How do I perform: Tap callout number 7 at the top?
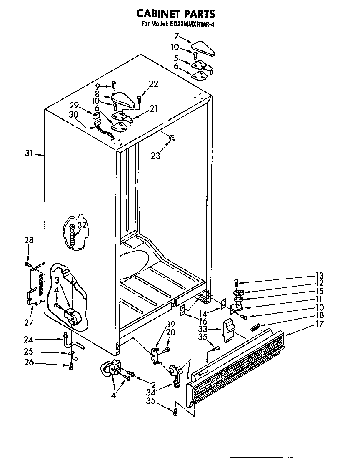pos(177,36)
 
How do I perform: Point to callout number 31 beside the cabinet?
pos(28,154)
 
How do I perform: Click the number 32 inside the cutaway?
pos(82,226)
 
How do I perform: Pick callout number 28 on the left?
pos(28,240)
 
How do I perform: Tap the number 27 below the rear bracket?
pos(28,322)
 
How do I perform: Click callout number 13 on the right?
pos(320,275)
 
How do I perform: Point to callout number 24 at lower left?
pos(28,339)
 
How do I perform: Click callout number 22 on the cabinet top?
pos(153,84)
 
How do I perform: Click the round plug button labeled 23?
pos(172,138)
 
